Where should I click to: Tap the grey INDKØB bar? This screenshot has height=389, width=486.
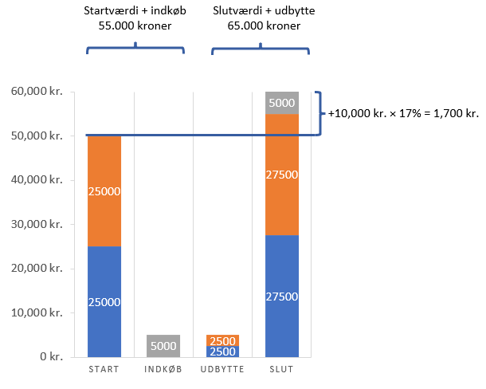(163, 346)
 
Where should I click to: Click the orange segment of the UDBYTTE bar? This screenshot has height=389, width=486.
(222, 340)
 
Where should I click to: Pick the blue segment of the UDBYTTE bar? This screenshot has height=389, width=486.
(222, 352)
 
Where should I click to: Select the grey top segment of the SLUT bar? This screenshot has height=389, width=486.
(282, 103)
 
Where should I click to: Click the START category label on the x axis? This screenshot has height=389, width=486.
(104, 370)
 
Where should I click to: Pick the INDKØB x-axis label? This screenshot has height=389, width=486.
(163, 370)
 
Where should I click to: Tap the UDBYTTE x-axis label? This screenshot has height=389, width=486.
(222, 370)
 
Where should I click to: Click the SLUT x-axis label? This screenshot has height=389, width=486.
(282, 370)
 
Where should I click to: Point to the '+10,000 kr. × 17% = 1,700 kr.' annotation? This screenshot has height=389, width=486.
(403, 114)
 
